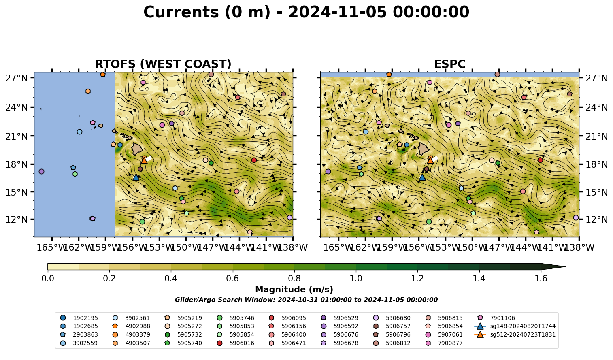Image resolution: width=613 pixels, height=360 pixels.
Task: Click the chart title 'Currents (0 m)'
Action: pos(207,13)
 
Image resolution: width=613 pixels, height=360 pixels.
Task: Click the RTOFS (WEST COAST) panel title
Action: pos(163,64)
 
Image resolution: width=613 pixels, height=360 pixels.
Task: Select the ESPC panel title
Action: pos(449,64)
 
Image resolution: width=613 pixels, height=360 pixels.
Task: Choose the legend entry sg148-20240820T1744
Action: pos(515,326)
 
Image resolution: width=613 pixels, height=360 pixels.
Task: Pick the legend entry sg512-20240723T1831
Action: pos(515,334)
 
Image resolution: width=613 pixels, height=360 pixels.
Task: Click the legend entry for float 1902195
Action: pos(80,318)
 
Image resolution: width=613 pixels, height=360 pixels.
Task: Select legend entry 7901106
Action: pos(497,318)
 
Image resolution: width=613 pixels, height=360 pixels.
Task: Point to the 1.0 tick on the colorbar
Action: pos(356,279)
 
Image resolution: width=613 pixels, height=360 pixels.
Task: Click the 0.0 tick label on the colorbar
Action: pos(48,279)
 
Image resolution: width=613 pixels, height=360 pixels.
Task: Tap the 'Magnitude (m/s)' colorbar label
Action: pos(294,290)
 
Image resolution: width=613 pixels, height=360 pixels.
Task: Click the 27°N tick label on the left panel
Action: pos(17,78)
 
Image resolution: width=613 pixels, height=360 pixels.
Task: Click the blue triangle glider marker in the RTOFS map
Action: pos(136,177)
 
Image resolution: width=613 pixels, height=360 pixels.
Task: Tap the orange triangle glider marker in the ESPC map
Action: pos(430,160)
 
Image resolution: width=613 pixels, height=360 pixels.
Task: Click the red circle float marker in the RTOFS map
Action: pos(254,160)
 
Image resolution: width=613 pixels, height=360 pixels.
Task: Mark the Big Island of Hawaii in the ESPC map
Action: pos(424,149)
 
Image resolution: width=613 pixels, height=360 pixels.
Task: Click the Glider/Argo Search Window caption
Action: pos(306,300)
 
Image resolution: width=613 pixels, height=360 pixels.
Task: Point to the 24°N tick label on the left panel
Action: pos(17,107)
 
